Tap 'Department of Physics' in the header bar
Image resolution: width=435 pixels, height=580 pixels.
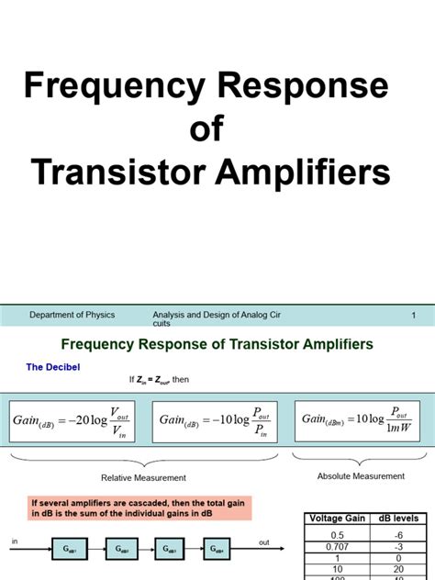click(x=72, y=315)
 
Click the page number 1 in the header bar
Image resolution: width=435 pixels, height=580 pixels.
click(x=414, y=316)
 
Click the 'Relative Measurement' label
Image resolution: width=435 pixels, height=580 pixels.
click(x=143, y=477)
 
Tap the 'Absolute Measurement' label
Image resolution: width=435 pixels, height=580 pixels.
click(x=361, y=476)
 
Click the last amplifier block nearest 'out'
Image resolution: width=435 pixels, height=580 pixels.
click(x=217, y=549)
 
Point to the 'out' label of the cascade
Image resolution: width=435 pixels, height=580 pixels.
click(x=264, y=543)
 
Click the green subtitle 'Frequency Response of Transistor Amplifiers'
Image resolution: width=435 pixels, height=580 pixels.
click(x=217, y=344)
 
